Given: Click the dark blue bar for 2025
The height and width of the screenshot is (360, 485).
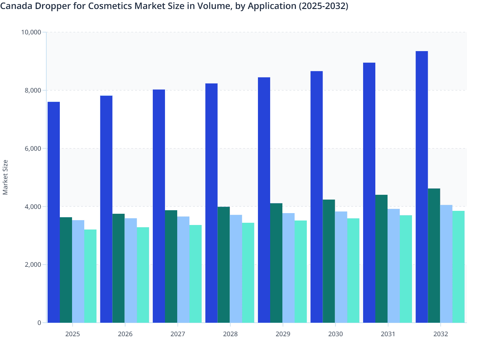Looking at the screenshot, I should (54, 212).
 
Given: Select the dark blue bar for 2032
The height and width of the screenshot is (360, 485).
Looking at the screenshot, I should (422, 187).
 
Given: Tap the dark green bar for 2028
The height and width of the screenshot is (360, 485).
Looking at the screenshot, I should (224, 265).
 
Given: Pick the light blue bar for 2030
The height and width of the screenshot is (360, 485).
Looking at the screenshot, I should (341, 267).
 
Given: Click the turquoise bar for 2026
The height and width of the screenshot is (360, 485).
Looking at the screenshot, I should (143, 275).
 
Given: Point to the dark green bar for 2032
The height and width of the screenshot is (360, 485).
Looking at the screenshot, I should (434, 256).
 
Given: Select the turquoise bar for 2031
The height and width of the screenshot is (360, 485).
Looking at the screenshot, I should (406, 269).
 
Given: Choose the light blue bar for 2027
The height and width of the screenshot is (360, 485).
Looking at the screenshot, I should (183, 269).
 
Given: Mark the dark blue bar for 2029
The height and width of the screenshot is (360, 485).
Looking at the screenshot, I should (264, 200).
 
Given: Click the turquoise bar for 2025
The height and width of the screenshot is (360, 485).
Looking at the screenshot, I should (90, 276).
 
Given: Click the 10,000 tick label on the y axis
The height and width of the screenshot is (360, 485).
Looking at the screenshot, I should (31, 32).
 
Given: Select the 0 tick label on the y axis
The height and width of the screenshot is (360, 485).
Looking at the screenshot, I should (39, 323).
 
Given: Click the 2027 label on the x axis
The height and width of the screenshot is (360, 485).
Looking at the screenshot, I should (178, 334).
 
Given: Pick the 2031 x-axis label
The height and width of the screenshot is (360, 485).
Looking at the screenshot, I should (388, 334).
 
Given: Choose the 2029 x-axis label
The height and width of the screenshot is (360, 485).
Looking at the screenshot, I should (283, 334).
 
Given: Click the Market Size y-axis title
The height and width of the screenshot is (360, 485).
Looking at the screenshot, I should (5, 177).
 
